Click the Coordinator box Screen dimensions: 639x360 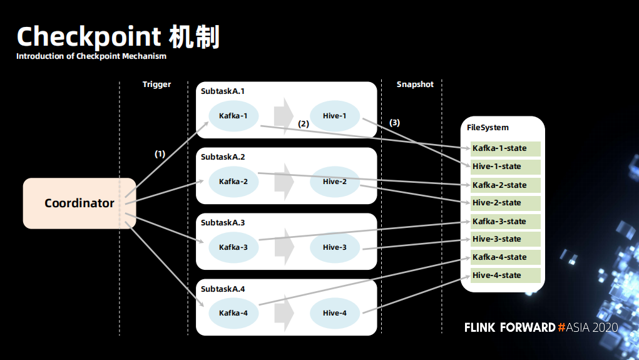(79, 203)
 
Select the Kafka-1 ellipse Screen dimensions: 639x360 (233, 116)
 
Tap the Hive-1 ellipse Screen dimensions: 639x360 (335, 116)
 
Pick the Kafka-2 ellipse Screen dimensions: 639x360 (233, 182)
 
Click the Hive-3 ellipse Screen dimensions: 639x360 (335, 247)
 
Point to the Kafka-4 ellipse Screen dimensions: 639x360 (233, 312)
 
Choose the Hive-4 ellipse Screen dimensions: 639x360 (335, 312)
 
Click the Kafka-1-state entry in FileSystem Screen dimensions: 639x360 (505, 148)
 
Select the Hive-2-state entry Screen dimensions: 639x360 (505, 203)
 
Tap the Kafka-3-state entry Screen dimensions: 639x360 (505, 222)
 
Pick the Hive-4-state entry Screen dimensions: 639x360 (505, 275)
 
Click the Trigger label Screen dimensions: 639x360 (157, 85)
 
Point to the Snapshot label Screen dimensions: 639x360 (416, 85)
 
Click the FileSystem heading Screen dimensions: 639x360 (488, 128)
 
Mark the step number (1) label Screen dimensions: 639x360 (160, 154)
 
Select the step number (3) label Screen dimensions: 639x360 (394, 123)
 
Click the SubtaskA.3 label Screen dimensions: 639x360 (223, 223)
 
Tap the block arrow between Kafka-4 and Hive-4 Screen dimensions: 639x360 (284, 313)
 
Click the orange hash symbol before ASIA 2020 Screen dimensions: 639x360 (561, 327)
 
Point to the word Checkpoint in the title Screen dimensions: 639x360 (89, 37)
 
